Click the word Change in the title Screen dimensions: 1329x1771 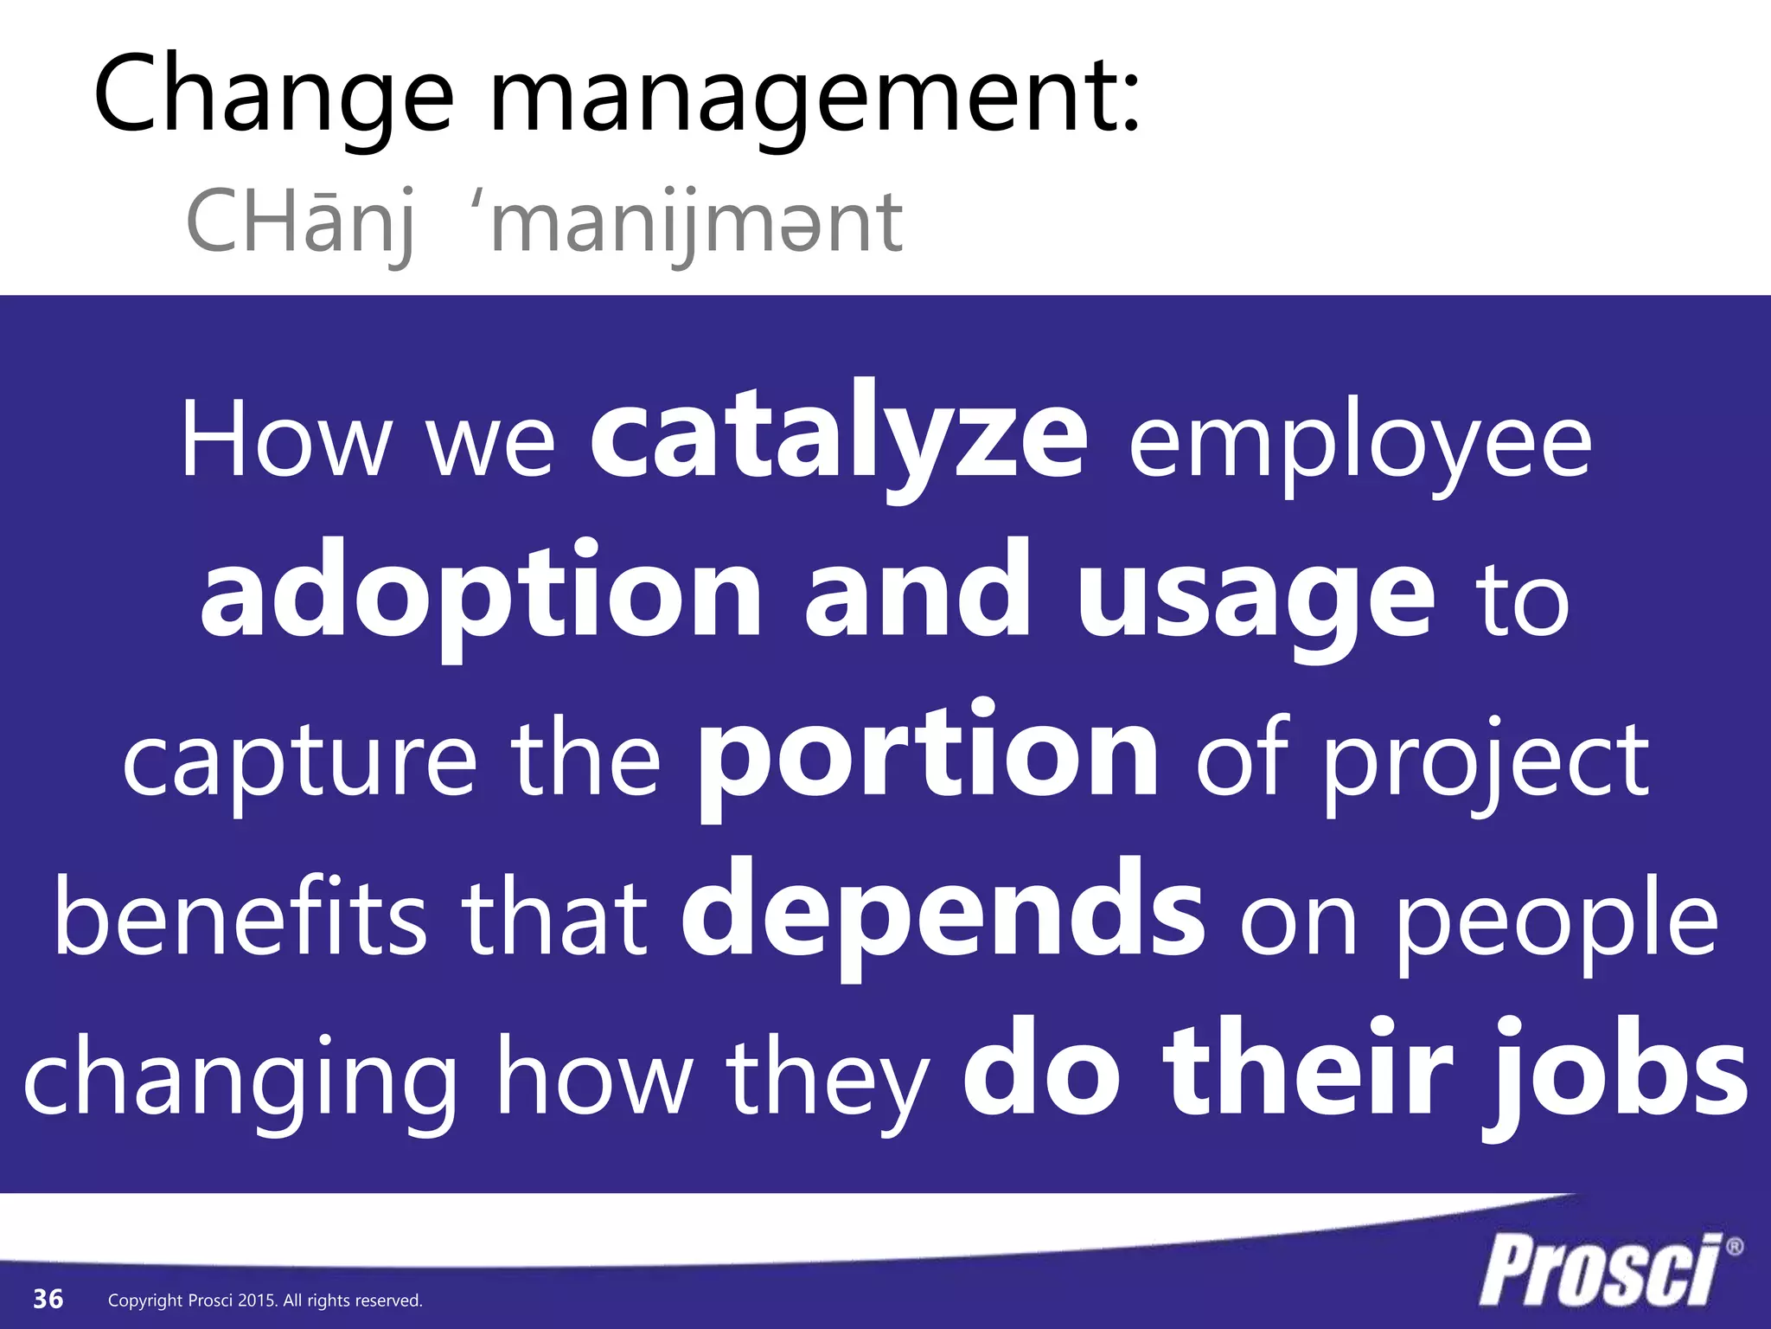(273, 95)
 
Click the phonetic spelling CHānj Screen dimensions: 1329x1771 (299, 223)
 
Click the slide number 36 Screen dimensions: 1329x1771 (48, 1299)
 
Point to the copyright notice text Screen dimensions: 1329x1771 (265, 1300)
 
